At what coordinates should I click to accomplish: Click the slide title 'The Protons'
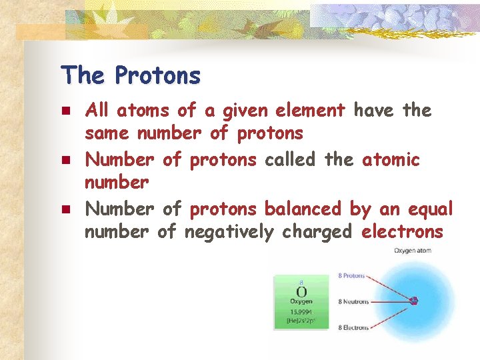[x=130, y=75]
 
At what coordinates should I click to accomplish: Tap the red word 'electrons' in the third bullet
[x=402, y=232]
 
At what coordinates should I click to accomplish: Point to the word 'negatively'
[x=229, y=232]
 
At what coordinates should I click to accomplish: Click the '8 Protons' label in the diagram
[x=351, y=275]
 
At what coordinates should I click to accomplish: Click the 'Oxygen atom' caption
[x=412, y=251]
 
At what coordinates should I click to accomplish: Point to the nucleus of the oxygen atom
[x=414, y=301]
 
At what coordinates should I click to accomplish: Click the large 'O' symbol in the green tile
[x=301, y=292]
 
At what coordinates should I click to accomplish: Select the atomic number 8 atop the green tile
[x=301, y=282]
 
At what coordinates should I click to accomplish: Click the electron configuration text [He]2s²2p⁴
[x=301, y=321]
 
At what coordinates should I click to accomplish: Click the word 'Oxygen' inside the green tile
[x=301, y=302]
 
